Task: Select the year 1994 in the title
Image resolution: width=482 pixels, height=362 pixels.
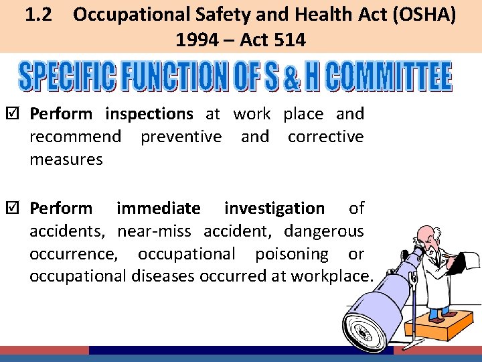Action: tap(196, 40)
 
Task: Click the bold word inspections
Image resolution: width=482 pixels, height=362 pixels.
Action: tap(149, 114)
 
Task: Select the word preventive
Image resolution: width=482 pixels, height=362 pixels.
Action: tap(181, 137)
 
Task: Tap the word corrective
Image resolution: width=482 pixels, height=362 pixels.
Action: tap(325, 137)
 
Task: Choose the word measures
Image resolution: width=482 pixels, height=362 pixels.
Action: tap(66, 160)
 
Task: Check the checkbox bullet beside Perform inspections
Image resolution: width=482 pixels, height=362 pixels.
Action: tap(19, 114)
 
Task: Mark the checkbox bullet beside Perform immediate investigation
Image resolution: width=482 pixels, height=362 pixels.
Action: tap(19, 208)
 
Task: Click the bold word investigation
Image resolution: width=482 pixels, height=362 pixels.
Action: tap(274, 208)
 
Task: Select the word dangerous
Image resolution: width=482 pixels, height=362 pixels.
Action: tap(323, 231)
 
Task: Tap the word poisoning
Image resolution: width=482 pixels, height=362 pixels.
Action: tap(291, 254)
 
